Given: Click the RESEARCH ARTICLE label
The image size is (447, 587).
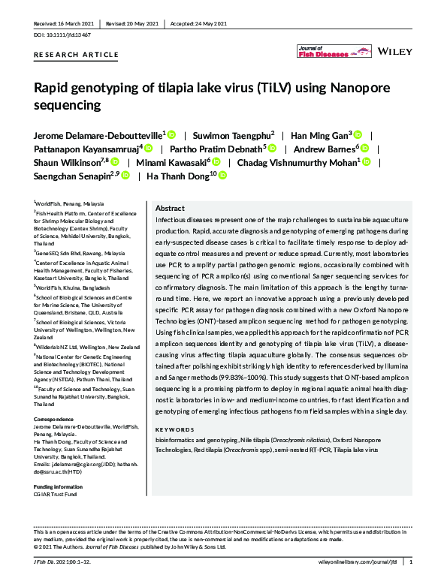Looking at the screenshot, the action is pyautogui.click(x=77, y=55).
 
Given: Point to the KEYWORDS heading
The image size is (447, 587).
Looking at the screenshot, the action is pyautogui.click(x=174, y=430).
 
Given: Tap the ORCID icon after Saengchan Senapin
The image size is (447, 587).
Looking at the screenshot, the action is pyautogui.click(x=125, y=176).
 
